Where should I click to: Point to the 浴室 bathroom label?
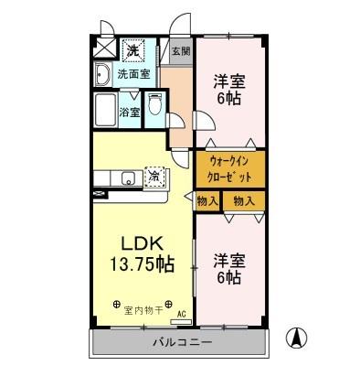click(130, 113)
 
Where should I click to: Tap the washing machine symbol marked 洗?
click(132, 48)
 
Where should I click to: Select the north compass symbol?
click(297, 337)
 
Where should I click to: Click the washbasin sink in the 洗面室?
click(102, 74)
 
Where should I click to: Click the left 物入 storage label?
click(207, 200)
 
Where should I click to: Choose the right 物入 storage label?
click(243, 200)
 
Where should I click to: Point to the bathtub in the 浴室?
click(105, 112)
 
